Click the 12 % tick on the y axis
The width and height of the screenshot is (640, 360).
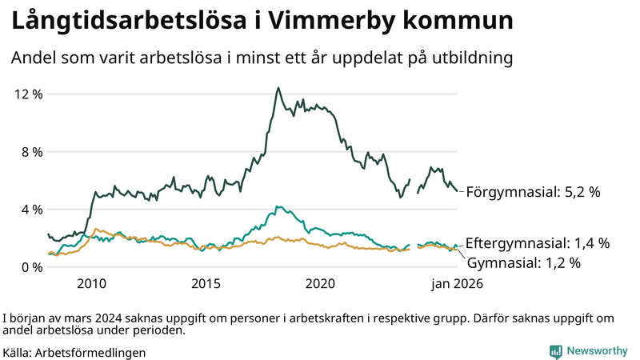28,94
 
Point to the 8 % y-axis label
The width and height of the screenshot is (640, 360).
31,152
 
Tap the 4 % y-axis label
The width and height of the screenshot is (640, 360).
31,210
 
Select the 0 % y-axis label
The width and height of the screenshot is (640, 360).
31,267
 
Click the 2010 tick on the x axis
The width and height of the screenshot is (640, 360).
91,284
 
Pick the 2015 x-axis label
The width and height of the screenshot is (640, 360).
206,284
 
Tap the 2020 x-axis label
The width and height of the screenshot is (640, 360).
320,284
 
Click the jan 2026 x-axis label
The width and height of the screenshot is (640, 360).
457,284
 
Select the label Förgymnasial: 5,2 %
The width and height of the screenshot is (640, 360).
532,192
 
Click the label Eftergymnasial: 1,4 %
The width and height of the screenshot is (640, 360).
537,243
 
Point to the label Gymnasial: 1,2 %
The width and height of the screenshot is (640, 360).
523,262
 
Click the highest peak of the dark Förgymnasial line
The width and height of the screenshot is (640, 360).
278,88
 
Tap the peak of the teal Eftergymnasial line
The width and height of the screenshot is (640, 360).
277,206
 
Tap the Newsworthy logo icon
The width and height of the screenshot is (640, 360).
555,351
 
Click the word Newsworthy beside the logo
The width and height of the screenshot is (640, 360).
596,351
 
